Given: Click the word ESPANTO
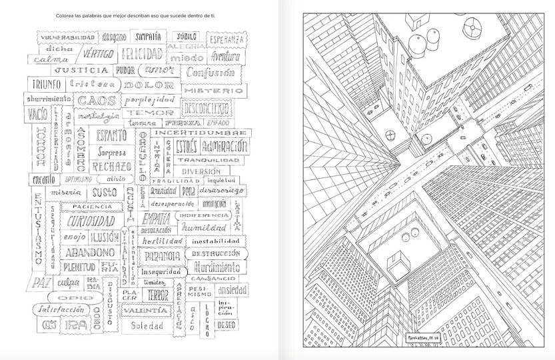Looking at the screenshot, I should coord(111,135).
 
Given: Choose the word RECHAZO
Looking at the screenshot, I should coord(111,167).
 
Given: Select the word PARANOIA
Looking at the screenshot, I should coord(160,255).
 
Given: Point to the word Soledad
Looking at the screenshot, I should coord(147,326).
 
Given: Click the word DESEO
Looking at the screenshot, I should coord(227,325).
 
